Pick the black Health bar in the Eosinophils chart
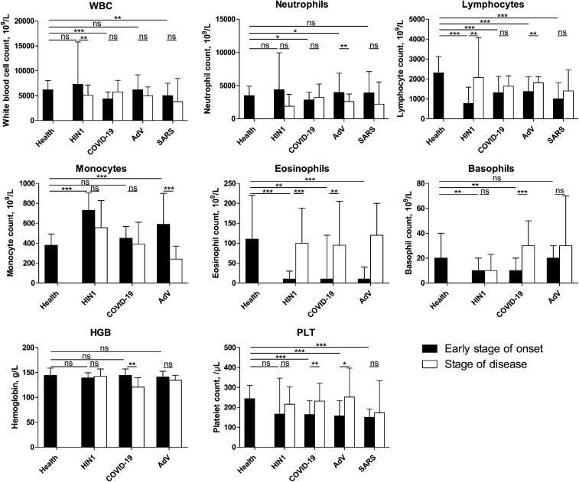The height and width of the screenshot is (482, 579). (x=250, y=260)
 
